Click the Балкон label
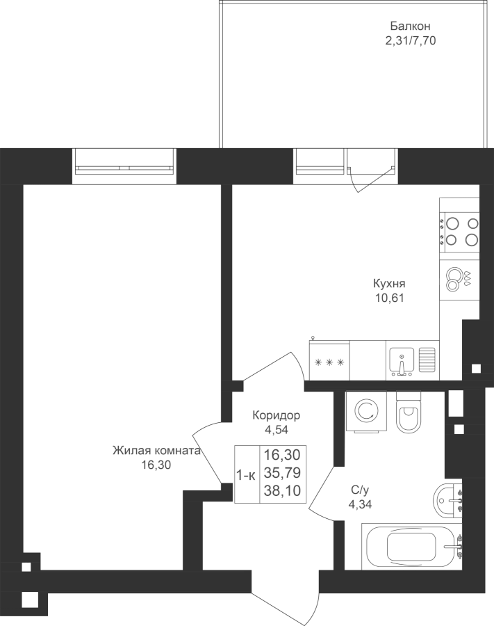point(410,26)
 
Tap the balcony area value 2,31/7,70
point(410,41)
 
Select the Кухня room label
point(389,284)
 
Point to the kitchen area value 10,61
point(389,298)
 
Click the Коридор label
point(276,416)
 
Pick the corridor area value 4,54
point(276,430)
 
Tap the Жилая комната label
point(156,451)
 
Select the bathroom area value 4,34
point(361,504)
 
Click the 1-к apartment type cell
point(247,476)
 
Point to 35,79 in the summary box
point(282,473)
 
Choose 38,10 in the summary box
point(282,490)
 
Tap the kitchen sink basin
point(402,361)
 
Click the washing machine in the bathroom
point(366,411)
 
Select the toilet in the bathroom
point(409,412)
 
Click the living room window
point(124,166)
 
